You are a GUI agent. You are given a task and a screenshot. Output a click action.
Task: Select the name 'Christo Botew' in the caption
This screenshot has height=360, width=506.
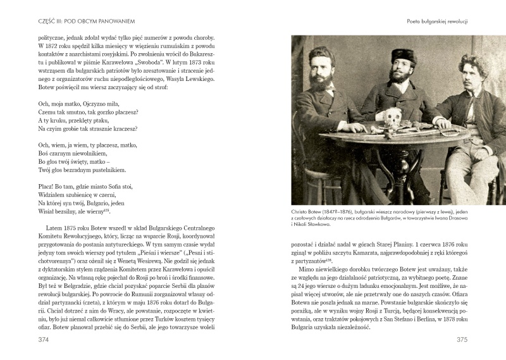pyautogui.click(x=309, y=211)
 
